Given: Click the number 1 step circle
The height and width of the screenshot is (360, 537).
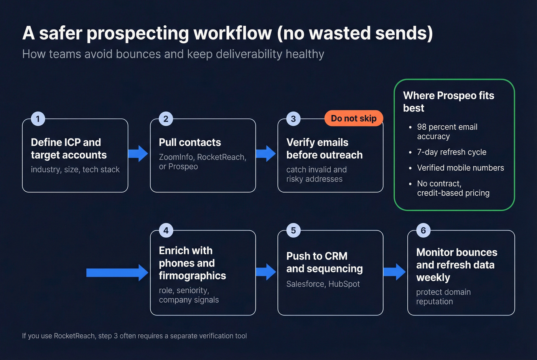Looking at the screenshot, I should [x=38, y=119].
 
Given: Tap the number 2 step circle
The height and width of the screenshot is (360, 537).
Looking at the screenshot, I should [x=166, y=119].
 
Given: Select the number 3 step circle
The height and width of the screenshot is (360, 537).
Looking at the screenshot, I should [x=293, y=119].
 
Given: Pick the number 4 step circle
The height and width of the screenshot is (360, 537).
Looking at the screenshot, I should [x=166, y=230].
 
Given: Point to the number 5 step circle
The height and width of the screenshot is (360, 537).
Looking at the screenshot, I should [x=293, y=230].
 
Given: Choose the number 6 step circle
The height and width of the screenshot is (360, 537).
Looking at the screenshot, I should [x=423, y=230].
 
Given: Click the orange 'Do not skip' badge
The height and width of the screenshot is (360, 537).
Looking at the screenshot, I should [x=354, y=118].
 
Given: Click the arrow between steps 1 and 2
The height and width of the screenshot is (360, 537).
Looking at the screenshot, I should [x=138, y=153].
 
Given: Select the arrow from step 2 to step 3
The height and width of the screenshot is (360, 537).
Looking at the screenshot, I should [x=266, y=153].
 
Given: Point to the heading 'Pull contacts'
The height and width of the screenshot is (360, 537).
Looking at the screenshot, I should [x=190, y=143].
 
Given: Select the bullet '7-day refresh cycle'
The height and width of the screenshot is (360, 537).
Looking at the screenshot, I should [x=451, y=152].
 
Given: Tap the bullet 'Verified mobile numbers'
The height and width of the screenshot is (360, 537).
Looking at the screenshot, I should [x=460, y=168].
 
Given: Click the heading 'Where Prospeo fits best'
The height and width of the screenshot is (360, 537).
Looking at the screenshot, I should [x=448, y=102].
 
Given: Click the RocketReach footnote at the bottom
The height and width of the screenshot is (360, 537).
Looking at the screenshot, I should [x=134, y=336].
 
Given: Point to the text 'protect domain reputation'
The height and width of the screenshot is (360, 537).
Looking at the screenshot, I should [x=443, y=297].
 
